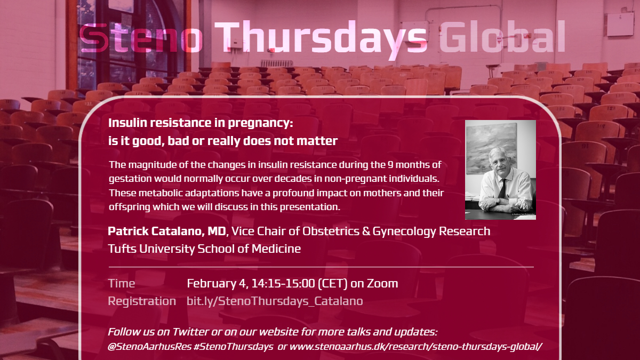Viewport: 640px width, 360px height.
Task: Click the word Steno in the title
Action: [x=141, y=38]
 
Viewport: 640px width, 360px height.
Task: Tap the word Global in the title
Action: [x=502, y=36]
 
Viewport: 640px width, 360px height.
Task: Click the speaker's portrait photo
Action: [x=500, y=170]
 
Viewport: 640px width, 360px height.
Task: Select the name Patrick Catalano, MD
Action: [x=167, y=231]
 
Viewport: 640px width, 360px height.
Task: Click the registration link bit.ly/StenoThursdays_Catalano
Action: [x=275, y=301]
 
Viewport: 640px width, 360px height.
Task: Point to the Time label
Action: [x=122, y=283]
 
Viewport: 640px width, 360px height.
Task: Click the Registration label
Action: [x=142, y=301]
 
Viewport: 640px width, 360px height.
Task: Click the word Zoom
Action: [x=382, y=283]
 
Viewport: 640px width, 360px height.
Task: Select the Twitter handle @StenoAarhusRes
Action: [x=149, y=346]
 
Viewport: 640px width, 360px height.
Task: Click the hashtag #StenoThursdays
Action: [x=233, y=347]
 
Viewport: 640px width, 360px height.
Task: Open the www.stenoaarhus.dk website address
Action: [x=415, y=346]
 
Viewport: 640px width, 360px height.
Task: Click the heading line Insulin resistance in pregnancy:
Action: [x=201, y=123]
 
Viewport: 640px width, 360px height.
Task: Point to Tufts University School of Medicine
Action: [x=204, y=249]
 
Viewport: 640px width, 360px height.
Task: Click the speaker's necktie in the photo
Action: [x=502, y=188]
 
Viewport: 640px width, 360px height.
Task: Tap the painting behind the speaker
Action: [x=491, y=148]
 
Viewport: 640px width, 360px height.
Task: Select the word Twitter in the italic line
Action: [x=190, y=332]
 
